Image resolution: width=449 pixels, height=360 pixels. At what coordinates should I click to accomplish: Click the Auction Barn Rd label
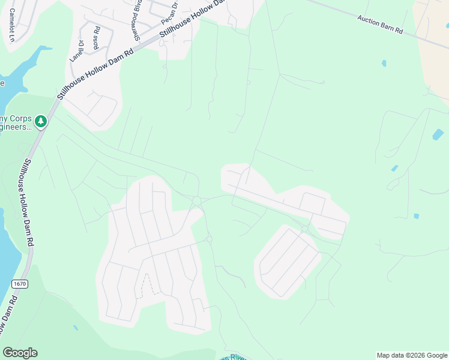(379, 24)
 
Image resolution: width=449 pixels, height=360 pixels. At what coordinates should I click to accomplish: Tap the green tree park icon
(41, 122)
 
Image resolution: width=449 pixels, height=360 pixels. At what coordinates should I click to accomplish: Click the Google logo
(20, 353)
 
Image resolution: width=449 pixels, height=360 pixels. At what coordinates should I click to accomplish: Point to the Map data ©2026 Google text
(412, 355)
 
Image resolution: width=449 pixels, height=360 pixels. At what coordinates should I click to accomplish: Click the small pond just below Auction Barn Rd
(384, 63)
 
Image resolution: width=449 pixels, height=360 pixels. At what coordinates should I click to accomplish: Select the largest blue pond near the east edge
(438, 134)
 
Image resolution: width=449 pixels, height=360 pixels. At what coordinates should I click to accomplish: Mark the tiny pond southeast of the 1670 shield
(75, 328)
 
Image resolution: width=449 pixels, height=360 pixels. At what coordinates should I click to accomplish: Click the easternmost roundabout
(305, 229)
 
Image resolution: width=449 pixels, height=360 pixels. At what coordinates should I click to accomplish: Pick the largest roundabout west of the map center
(196, 200)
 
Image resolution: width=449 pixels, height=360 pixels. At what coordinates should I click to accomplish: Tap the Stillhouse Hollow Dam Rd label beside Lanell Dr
(96, 71)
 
